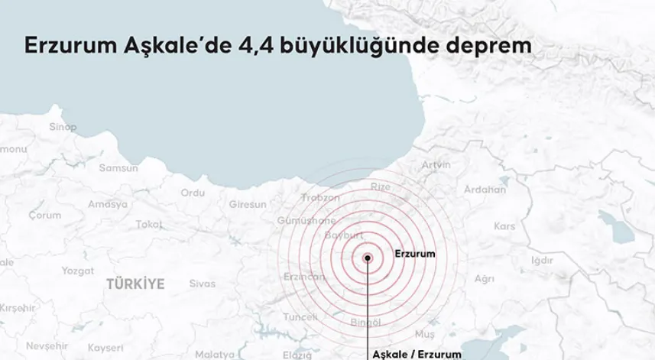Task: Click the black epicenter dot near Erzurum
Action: (368, 258)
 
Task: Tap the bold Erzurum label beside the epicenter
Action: (415, 254)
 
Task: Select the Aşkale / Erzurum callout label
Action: (417, 354)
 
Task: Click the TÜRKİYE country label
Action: (135, 284)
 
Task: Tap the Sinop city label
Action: (63, 128)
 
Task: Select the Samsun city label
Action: (118, 168)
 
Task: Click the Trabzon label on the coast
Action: (320, 197)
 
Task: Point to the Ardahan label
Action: (485, 190)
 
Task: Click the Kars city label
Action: (504, 226)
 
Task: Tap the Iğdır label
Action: (542, 261)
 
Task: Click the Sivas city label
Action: (203, 284)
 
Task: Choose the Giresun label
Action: (248, 204)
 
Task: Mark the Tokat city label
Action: (150, 224)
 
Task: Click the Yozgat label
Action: (77, 271)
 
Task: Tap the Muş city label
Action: (424, 334)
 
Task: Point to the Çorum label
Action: (44, 216)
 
